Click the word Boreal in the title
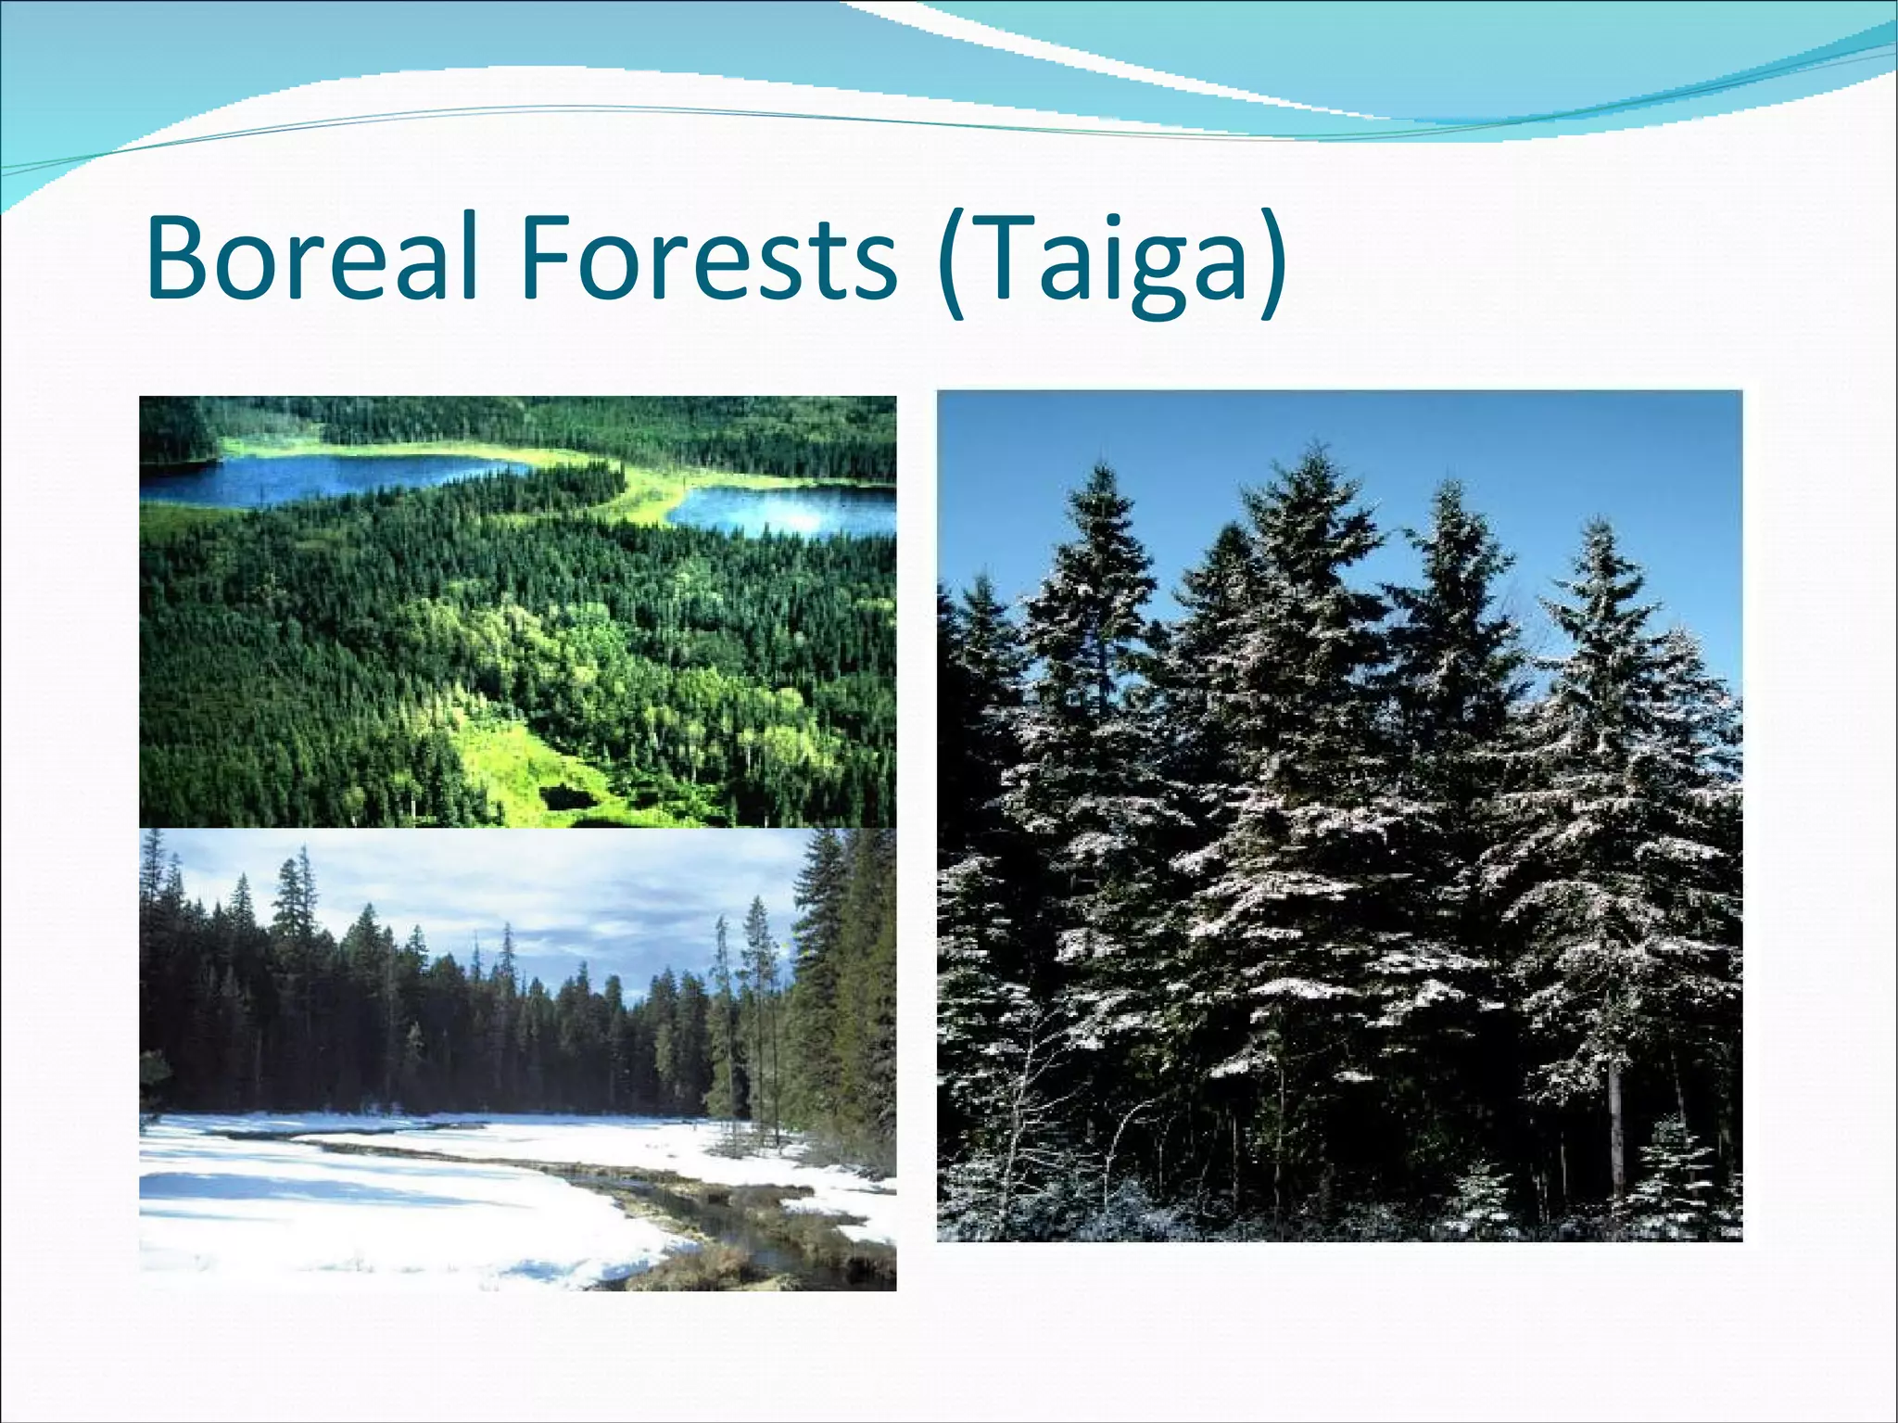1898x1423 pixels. click(x=311, y=257)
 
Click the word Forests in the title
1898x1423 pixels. click(x=708, y=257)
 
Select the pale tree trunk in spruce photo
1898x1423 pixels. click(x=1617, y=1131)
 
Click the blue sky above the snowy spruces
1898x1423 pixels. click(x=1205, y=464)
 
